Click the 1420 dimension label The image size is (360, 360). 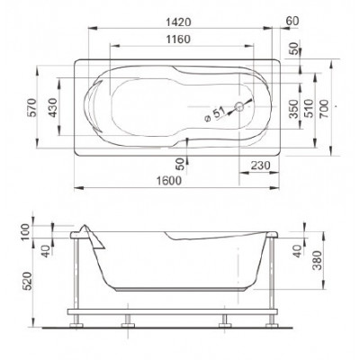(178, 22)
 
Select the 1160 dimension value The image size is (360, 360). (178, 39)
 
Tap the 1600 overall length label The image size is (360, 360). (169, 181)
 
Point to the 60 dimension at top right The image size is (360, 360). (292, 21)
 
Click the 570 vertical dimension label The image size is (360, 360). (32, 107)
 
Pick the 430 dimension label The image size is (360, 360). (53, 107)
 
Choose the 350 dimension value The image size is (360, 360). (294, 109)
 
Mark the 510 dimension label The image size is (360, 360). (309, 109)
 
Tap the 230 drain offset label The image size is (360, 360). (260, 166)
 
